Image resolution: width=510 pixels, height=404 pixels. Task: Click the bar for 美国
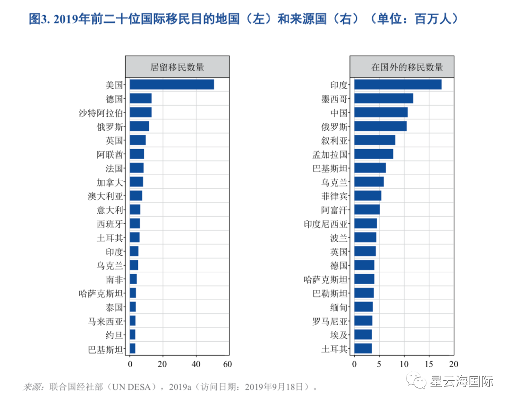[x=171, y=84]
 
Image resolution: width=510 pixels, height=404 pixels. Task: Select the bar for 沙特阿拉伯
[x=140, y=112]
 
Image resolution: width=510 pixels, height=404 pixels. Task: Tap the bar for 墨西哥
[x=383, y=98]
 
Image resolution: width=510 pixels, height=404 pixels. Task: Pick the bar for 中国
[x=381, y=112]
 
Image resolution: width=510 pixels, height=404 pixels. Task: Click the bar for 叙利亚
[x=374, y=140]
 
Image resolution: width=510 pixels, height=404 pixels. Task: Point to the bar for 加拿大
[x=136, y=182]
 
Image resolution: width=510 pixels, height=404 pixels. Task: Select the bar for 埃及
[x=363, y=335]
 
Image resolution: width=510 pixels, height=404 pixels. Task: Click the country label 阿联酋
[x=110, y=154]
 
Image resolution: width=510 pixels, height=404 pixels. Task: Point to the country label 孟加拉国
[x=330, y=154]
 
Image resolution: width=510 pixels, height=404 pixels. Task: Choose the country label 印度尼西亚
[x=325, y=224]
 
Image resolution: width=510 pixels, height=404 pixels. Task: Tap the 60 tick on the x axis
[x=228, y=364]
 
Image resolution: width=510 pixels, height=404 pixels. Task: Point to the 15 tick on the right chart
[x=429, y=364]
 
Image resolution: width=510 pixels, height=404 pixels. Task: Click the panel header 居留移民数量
[x=177, y=67]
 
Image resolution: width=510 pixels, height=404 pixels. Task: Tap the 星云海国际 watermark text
[x=461, y=381]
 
